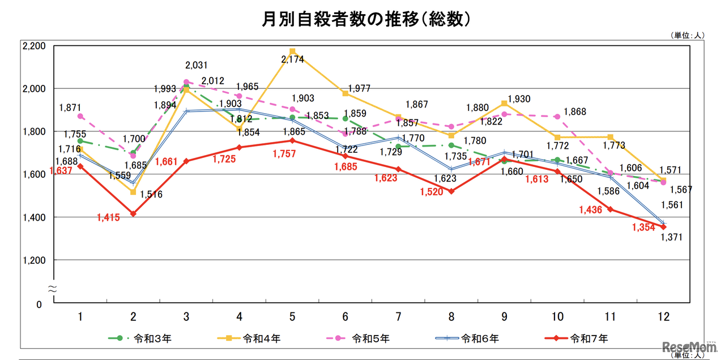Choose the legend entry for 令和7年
[x=589, y=338]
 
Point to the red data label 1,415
[x=109, y=217]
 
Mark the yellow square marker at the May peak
[x=292, y=52]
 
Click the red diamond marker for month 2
[x=133, y=214]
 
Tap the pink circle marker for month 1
[x=80, y=116]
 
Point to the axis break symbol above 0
[x=52, y=289]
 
